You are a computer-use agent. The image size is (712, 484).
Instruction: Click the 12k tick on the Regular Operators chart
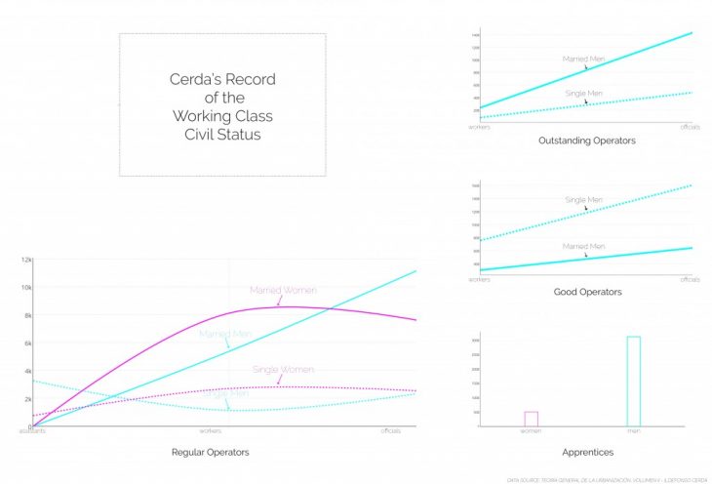point(27,260)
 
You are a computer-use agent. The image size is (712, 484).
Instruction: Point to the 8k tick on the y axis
point(27,316)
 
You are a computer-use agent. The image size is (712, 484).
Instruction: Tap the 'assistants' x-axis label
point(32,431)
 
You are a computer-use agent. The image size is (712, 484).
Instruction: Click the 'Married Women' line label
point(283,290)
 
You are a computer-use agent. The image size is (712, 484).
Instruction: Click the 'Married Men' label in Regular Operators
point(226,334)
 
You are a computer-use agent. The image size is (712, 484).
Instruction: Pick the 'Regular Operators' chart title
point(210,453)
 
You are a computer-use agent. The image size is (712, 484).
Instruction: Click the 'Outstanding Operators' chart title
point(586,141)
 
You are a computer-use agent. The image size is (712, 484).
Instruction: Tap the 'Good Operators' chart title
point(587,292)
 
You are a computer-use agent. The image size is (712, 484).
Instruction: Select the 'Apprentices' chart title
point(587,453)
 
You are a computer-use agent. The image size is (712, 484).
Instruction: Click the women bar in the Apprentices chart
point(531,419)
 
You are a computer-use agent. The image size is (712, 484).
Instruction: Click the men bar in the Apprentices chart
point(633,381)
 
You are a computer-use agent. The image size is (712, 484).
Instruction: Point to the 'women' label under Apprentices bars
point(531,431)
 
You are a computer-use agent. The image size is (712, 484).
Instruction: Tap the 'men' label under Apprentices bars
point(633,431)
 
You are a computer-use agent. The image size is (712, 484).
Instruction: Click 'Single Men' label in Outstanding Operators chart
point(583,93)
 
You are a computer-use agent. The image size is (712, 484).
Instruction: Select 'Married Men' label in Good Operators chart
point(583,246)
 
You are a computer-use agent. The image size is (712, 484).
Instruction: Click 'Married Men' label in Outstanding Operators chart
point(583,59)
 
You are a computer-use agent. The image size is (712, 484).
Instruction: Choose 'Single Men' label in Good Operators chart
point(583,200)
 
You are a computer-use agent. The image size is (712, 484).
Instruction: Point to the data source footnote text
point(606,479)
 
